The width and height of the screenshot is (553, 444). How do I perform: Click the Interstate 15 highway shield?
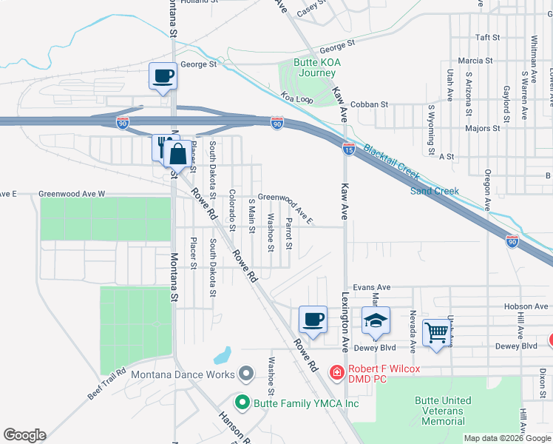click(348, 149)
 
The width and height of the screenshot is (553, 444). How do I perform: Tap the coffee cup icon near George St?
click(163, 75)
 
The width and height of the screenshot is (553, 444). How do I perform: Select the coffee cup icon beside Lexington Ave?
click(313, 320)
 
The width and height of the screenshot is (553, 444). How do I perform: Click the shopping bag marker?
click(177, 155)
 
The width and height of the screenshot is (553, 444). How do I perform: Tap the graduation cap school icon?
click(376, 320)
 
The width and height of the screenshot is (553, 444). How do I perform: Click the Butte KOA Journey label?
click(317, 68)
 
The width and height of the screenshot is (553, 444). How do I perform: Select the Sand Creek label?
click(435, 191)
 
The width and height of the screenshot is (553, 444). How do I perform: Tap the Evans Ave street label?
click(371, 287)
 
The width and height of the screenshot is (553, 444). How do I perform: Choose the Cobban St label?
click(369, 105)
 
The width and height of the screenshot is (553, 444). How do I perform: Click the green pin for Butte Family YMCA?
click(242, 403)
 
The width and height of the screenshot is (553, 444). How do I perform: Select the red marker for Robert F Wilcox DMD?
click(336, 371)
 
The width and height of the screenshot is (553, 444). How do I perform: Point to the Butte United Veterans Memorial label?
click(443, 411)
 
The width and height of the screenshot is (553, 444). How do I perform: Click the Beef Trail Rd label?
click(107, 384)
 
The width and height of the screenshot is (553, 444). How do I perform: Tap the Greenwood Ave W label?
click(72, 194)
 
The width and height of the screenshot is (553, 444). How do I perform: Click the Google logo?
click(25, 435)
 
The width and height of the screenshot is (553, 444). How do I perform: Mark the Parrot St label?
click(290, 233)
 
